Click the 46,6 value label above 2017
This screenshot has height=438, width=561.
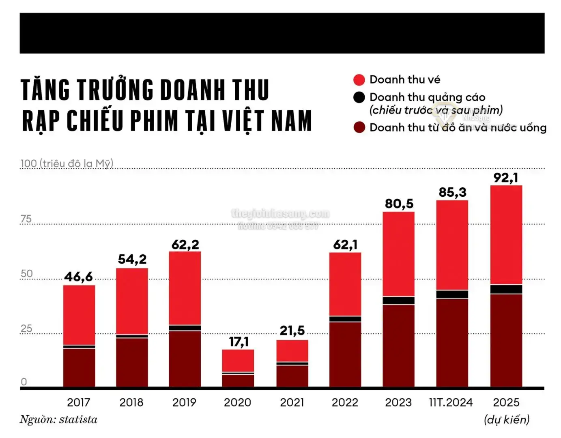click(x=78, y=277)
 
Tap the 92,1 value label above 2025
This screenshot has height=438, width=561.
click(x=505, y=178)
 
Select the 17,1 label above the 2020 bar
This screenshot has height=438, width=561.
click(x=239, y=341)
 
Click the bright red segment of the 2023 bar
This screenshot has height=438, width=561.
click(x=398, y=253)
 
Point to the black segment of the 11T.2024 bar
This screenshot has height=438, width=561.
click(x=452, y=294)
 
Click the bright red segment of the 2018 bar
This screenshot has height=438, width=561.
click(x=132, y=301)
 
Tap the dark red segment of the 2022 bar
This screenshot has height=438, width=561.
click(x=345, y=354)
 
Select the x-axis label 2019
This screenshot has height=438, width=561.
click(x=184, y=402)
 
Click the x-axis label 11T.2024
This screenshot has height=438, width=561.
click(x=451, y=402)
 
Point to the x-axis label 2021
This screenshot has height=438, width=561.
click(x=292, y=402)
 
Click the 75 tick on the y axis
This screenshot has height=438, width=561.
click(x=26, y=219)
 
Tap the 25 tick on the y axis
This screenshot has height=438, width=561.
click(x=26, y=328)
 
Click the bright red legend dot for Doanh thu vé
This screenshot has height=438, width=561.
click(x=359, y=80)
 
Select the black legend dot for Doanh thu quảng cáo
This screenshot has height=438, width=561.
click(x=359, y=97)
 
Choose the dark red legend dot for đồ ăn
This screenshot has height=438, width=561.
click(x=359, y=127)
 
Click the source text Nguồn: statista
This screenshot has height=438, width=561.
click(x=58, y=419)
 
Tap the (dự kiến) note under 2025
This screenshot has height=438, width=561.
click(x=506, y=419)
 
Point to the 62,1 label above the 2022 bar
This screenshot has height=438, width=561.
click(x=345, y=245)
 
